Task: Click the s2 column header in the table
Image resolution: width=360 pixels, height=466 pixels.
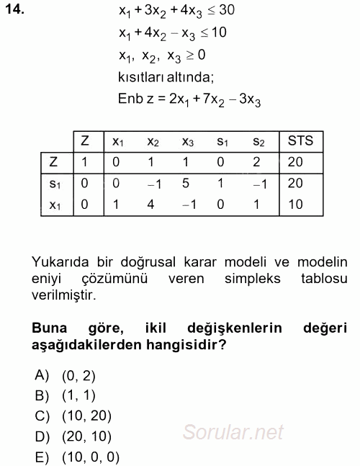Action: [x=260, y=142]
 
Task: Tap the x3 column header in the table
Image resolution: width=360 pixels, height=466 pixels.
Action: [x=188, y=142]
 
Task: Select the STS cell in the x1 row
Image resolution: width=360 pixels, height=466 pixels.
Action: [x=295, y=204]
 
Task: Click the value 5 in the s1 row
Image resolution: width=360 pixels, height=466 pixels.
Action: [x=186, y=183]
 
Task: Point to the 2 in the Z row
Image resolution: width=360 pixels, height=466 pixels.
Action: [x=257, y=162]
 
